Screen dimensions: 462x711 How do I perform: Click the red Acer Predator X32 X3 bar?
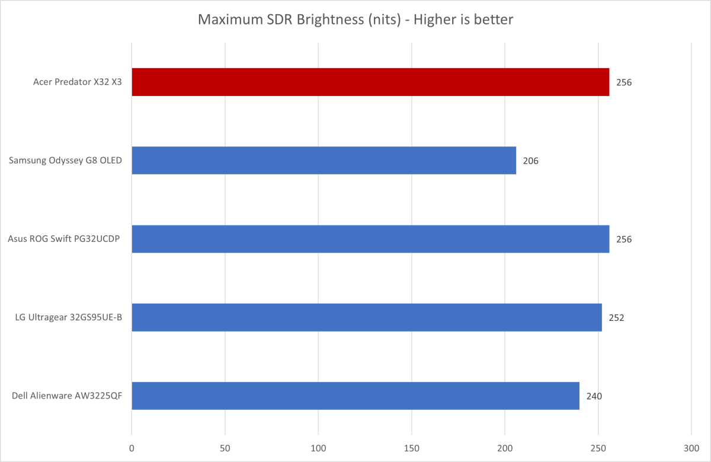pyautogui.click(x=370, y=82)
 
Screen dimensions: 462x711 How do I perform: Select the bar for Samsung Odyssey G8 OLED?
pyautogui.click(x=324, y=160)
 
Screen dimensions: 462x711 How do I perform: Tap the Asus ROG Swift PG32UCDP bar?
pyautogui.click(x=370, y=239)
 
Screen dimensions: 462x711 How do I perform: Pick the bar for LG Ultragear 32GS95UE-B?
pyautogui.click(x=367, y=317)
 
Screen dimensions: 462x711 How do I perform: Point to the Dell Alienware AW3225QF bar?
pyautogui.click(x=355, y=396)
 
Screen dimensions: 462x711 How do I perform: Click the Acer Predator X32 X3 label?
pyautogui.click(x=78, y=82)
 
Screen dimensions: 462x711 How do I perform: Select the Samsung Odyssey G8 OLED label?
pyautogui.click(x=66, y=161)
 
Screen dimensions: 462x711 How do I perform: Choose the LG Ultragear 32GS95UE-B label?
pyautogui.click(x=69, y=318)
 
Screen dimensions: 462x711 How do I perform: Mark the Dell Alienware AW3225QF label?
pyautogui.click(x=67, y=396)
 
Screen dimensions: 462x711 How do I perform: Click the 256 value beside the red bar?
pyautogui.click(x=624, y=82)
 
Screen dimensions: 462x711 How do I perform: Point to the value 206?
pyautogui.click(x=531, y=161)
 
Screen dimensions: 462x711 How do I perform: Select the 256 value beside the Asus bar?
pyautogui.click(x=624, y=240)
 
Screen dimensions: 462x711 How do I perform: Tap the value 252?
pyautogui.click(x=617, y=318)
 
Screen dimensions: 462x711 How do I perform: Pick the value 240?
pyautogui.click(x=594, y=396)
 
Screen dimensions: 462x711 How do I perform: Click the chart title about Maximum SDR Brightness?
pyautogui.click(x=355, y=20)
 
